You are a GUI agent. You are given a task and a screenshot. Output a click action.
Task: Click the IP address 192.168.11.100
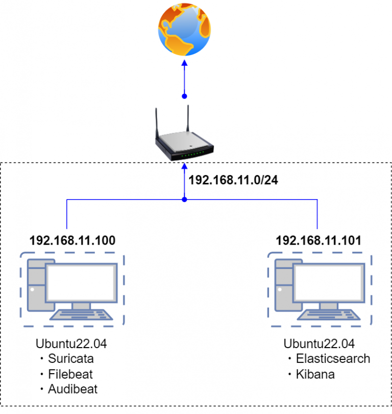point(72,240)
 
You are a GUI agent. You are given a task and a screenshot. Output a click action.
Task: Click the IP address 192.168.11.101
point(319,240)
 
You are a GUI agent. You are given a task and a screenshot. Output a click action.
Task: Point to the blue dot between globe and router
point(185,96)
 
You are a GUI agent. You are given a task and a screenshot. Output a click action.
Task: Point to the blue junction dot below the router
point(185,199)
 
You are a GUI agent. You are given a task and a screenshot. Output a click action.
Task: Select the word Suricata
point(71,358)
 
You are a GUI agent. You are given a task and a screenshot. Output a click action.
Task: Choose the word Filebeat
point(70,374)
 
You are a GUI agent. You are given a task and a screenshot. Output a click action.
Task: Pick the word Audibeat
point(72,389)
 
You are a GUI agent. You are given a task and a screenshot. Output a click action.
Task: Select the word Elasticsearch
point(333,358)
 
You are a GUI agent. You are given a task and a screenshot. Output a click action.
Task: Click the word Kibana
point(315,374)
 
